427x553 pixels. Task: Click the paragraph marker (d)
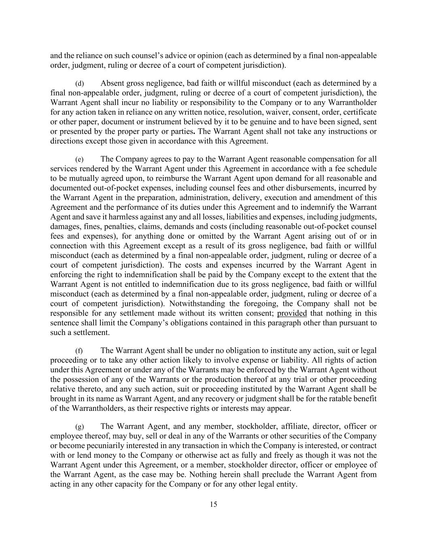79,84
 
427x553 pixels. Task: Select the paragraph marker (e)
79,160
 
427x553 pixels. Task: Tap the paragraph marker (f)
79,351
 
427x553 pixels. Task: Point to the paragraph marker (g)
79,427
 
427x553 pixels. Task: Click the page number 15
213,504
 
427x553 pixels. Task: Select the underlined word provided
292,313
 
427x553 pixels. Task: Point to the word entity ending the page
286,484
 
